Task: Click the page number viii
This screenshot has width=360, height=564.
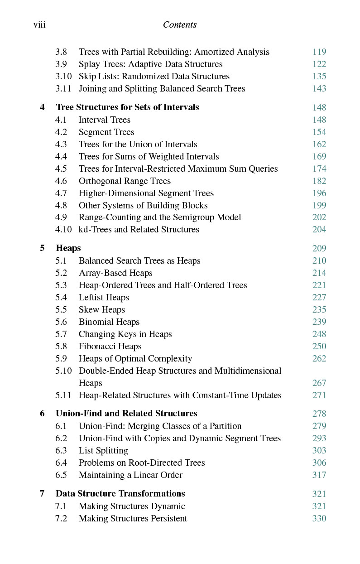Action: [39, 24]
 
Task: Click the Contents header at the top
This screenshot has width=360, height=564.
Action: [180, 24]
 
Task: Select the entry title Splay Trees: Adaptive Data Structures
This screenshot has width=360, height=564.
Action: [150, 64]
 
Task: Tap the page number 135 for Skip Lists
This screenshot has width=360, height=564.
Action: [319, 77]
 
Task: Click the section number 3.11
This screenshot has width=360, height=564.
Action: [63, 89]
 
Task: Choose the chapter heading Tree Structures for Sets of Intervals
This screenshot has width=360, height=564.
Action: [127, 107]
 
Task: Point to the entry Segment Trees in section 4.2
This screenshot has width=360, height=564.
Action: [106, 132]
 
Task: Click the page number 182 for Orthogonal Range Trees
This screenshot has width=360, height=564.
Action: [319, 181]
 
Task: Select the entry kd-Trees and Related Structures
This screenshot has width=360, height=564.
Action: [139, 230]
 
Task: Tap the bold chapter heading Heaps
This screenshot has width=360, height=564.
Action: [68, 248]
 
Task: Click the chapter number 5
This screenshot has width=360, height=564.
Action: [42, 248]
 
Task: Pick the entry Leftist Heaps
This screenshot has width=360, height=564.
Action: [104, 298]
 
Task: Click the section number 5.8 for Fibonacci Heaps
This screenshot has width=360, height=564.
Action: [61, 347]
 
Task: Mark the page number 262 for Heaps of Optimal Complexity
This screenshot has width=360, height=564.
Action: [319, 359]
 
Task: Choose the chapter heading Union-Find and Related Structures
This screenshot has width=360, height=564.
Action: [126, 414]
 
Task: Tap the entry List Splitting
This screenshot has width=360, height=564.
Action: [103, 451]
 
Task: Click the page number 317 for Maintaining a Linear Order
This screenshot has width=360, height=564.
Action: [319, 475]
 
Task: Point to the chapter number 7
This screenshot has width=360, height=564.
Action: [42, 494]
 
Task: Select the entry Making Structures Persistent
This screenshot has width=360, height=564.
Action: [133, 519]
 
